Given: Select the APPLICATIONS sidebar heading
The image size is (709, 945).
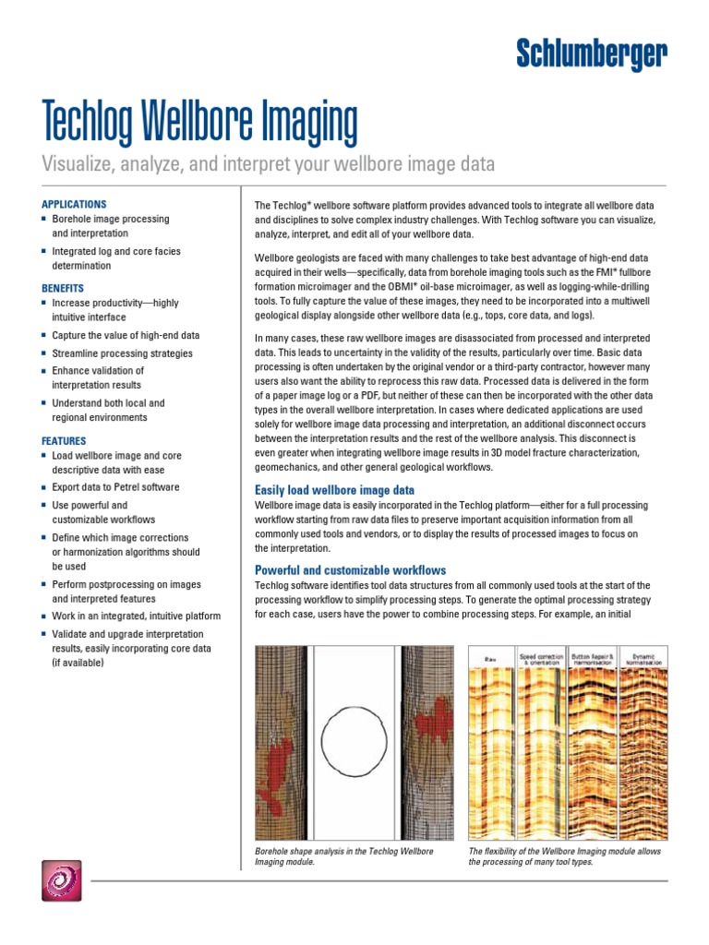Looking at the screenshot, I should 74,204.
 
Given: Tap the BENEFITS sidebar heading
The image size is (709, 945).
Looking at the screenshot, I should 63,288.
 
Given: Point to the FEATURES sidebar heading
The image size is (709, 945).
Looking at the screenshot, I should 64,441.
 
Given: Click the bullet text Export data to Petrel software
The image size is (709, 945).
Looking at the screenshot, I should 115,487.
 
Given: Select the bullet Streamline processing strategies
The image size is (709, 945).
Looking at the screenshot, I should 122,353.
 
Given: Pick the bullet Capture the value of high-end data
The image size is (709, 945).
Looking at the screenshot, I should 126,336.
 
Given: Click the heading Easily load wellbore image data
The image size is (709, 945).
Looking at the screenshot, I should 334,490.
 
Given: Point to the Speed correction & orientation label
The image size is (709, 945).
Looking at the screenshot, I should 540,660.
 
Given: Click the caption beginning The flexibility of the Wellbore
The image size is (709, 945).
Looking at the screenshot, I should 564,856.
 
